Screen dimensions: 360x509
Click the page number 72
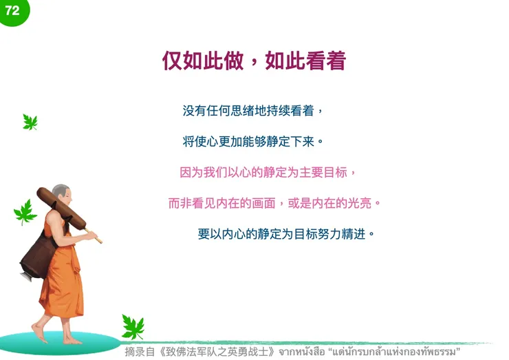tap(12, 10)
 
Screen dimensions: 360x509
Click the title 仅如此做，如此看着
tap(254, 61)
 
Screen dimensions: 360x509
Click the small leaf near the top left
tap(30, 122)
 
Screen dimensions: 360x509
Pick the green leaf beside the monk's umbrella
tap(25, 212)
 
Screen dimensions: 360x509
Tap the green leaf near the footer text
tap(132, 326)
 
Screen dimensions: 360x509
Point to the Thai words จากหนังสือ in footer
tap(301, 352)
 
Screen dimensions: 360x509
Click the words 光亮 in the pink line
tap(361, 204)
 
